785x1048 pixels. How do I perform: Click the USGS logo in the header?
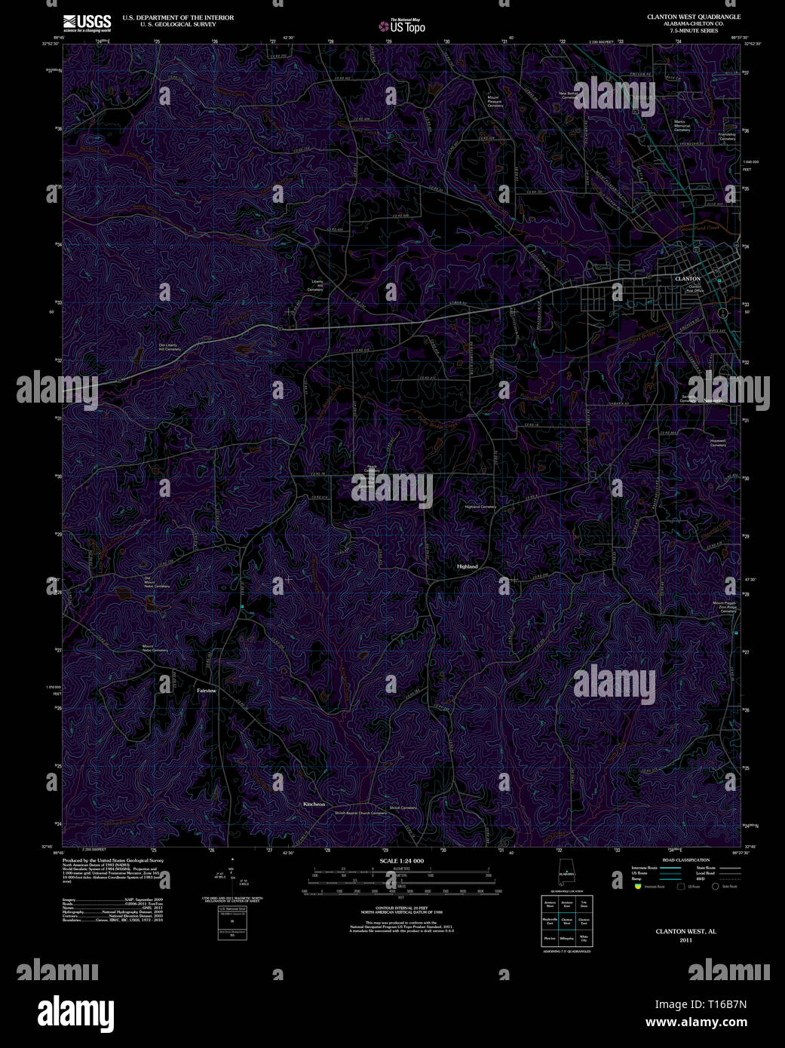coord(87,21)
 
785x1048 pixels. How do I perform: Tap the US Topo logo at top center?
coord(402,26)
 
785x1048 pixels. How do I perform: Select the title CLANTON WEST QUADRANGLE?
coord(693,17)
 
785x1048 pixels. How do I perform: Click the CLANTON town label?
coord(687,279)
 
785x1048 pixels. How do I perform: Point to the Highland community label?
coord(467,566)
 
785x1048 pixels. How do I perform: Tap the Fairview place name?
coord(206,691)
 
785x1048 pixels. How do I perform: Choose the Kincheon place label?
coord(314,804)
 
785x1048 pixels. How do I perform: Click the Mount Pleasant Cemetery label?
coord(495,101)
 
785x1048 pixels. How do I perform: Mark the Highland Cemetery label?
coord(480,507)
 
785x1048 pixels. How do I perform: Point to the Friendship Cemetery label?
coord(727,136)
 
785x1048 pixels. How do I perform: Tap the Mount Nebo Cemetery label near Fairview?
coord(155,649)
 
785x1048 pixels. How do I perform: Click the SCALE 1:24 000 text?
coord(401,861)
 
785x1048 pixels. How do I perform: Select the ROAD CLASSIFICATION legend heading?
coord(685,860)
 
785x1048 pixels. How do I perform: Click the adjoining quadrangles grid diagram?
coord(565,921)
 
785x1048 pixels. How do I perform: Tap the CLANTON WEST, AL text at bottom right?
coord(685,931)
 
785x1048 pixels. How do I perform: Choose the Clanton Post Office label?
coord(695,289)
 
